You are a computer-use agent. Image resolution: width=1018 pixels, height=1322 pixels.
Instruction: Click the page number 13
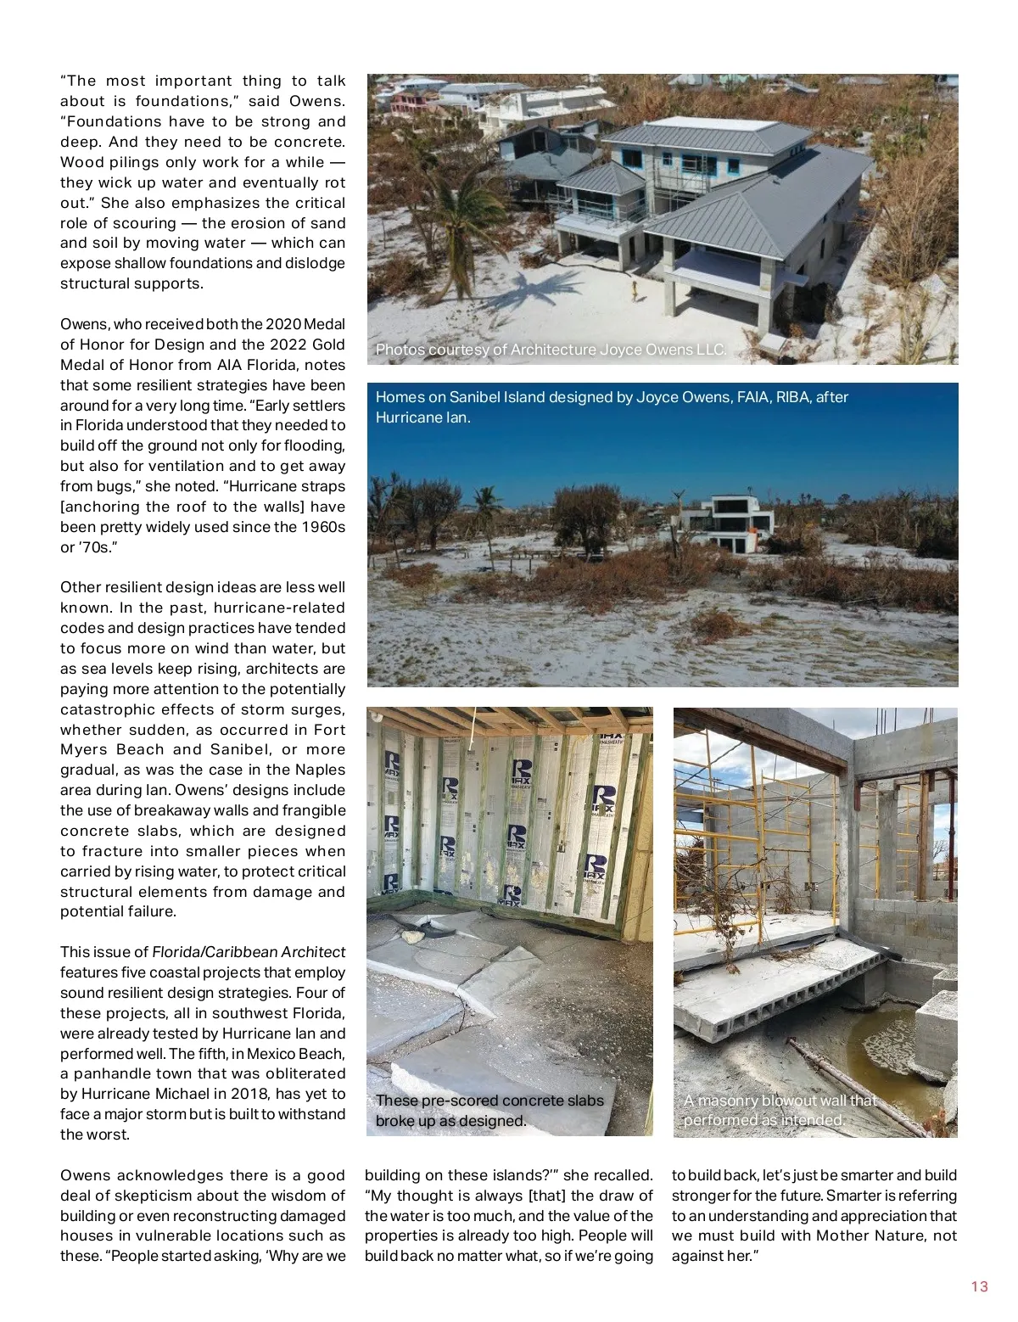tap(979, 1286)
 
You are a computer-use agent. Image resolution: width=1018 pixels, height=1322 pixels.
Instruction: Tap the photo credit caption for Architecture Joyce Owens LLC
tap(551, 350)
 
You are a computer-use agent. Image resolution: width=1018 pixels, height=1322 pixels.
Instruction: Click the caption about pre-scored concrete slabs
tap(489, 1110)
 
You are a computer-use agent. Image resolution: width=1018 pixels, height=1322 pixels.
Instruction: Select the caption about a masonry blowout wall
tap(779, 1110)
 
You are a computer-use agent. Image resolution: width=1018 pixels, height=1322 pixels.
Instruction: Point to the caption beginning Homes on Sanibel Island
tap(611, 407)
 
